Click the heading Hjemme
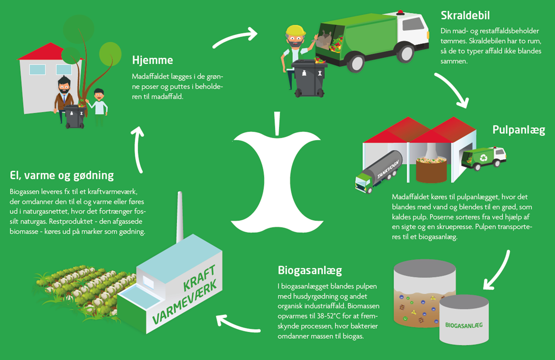(x=152, y=60)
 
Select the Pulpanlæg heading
(x=518, y=130)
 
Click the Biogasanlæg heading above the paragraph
(x=311, y=271)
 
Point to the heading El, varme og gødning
(x=61, y=175)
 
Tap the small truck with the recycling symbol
(x=483, y=158)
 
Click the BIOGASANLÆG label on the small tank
(x=464, y=325)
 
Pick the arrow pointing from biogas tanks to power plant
(x=238, y=324)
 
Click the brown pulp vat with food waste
(x=431, y=168)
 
